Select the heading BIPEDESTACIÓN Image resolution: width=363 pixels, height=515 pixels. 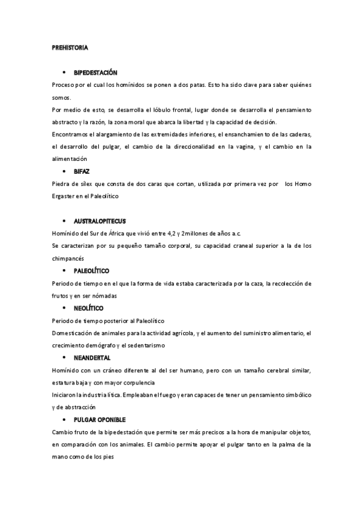(x=96, y=72)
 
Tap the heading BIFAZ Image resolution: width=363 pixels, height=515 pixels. (x=82, y=172)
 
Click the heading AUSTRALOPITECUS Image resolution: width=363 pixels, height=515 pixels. (x=100, y=220)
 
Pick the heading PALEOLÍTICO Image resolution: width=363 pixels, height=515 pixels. (x=92, y=270)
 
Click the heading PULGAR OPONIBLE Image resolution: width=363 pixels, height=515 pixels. (x=99, y=420)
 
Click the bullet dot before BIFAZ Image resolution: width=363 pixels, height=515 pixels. (x=64, y=172)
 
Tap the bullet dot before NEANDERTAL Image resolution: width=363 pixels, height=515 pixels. (x=64, y=358)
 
